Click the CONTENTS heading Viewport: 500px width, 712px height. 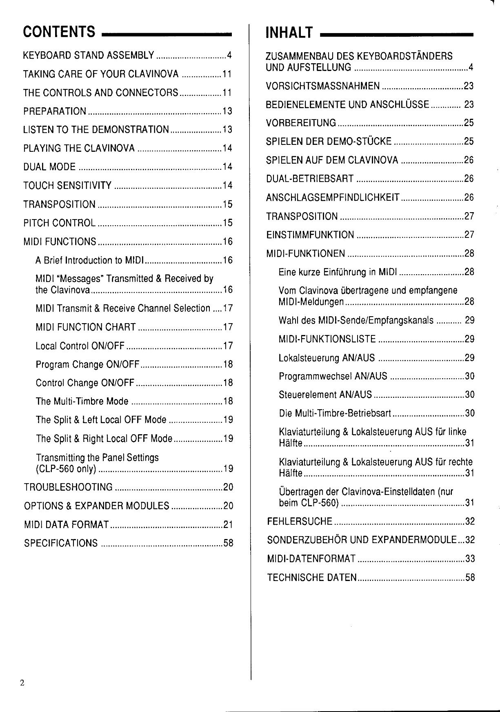click(x=59, y=32)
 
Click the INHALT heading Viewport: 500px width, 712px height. click(x=289, y=32)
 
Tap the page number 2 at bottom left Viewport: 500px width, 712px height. click(x=22, y=683)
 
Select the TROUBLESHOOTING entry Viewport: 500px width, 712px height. click(x=68, y=487)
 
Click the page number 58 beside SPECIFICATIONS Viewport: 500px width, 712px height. click(x=228, y=543)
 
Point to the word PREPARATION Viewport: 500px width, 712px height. click(x=55, y=111)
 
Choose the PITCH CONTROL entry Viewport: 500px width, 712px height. click(x=60, y=223)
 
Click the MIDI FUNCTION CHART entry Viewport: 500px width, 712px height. click(x=86, y=327)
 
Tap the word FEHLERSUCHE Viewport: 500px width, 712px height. click(x=300, y=521)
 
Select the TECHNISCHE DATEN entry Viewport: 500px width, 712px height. click(x=312, y=577)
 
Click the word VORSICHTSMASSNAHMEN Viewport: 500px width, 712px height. click(x=323, y=86)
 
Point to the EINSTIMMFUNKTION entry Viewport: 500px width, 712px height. click(x=310, y=235)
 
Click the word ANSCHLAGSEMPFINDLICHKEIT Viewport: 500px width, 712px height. click(x=333, y=197)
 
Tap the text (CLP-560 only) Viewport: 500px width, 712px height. click(x=66, y=469)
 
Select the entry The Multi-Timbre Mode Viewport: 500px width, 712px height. click(x=82, y=401)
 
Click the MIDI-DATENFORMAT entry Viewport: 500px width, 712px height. click(x=311, y=559)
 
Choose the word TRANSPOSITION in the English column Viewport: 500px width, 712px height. click(x=60, y=204)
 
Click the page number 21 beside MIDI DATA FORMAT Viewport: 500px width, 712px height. click(x=228, y=524)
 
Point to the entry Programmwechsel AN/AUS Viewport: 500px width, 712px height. click(x=333, y=376)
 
